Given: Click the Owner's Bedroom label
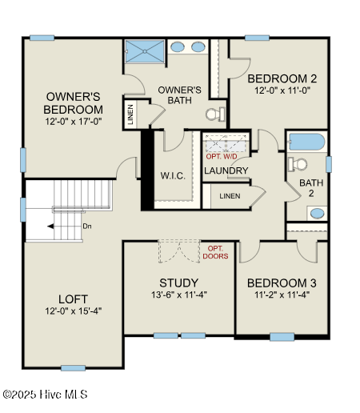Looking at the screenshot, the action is [x=73, y=103].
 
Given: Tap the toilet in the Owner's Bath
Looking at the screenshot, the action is [x=216, y=114].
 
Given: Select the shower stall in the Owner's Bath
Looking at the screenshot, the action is [x=145, y=51].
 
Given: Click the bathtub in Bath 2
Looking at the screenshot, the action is [x=307, y=142].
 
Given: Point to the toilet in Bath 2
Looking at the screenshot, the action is [x=298, y=164].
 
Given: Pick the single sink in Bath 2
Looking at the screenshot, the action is [x=318, y=213].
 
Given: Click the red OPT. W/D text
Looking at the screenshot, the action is [x=222, y=157].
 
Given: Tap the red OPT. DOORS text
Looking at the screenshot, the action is [x=215, y=252].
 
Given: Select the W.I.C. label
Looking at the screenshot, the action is [x=173, y=176].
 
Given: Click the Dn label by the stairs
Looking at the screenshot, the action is [x=87, y=227].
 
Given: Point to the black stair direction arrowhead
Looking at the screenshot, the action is [x=50, y=227].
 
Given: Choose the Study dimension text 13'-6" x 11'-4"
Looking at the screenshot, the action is [x=179, y=295].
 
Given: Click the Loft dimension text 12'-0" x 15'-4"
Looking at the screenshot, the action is [x=74, y=311].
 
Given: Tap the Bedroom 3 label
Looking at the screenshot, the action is [x=282, y=283].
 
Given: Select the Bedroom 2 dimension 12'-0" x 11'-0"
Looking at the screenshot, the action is [x=282, y=90].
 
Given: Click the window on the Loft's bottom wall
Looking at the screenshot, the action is [x=74, y=368].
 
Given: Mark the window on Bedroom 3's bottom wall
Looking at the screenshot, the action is [x=282, y=337].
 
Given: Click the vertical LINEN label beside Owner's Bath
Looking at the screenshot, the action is [x=130, y=114].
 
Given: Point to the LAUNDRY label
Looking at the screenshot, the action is [x=226, y=170].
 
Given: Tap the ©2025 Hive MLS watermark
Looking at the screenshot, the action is [x=45, y=395].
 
